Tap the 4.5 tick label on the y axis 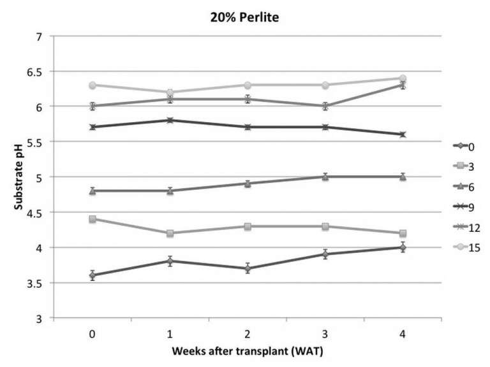[x=39, y=212]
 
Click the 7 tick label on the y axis [x=43, y=36]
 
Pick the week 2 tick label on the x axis [x=247, y=333]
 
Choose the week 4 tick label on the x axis [x=403, y=333]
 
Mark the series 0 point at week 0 [x=93, y=275]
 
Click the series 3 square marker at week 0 [x=93, y=219]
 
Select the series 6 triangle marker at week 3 [x=325, y=176]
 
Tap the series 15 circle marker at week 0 [x=93, y=85]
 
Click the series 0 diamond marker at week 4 [x=403, y=247]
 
